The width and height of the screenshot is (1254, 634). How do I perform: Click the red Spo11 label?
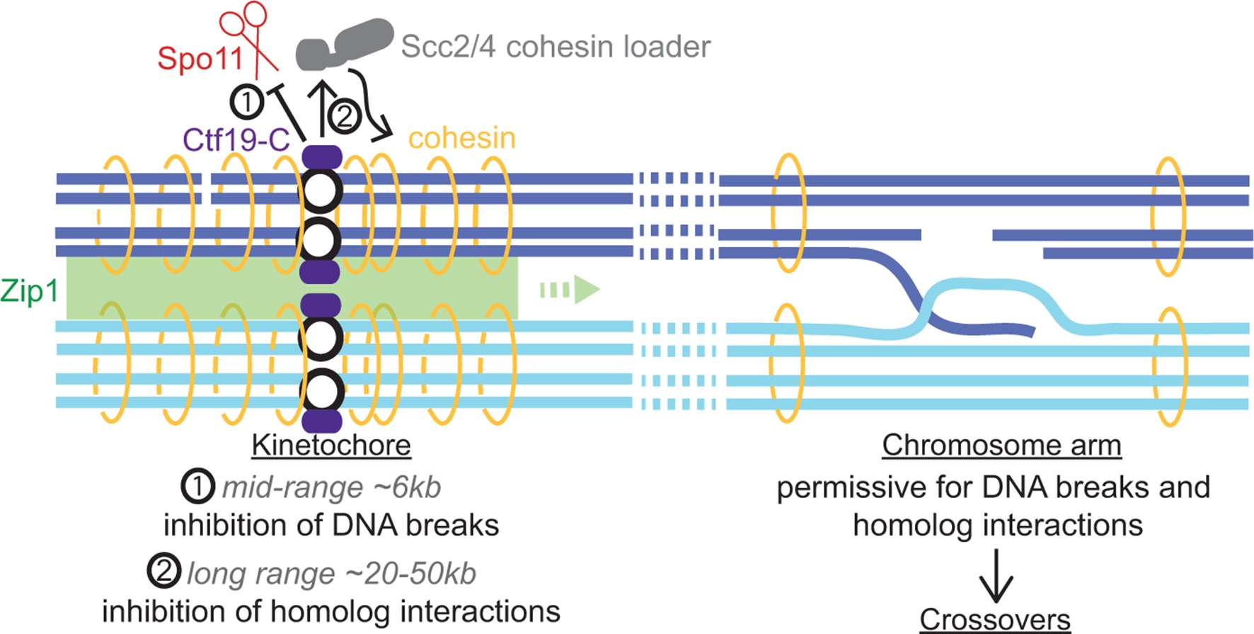point(200,58)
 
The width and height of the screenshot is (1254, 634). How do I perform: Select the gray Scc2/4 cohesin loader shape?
point(345,44)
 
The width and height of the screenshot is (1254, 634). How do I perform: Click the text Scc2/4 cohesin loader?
point(556,47)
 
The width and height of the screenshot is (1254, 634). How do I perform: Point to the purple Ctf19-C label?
point(236,140)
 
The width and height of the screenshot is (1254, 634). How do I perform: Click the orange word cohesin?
point(462,138)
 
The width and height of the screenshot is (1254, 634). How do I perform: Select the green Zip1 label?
point(29,291)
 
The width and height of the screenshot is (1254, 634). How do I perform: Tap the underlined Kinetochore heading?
point(331,446)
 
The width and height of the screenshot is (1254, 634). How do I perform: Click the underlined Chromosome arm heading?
point(1001,446)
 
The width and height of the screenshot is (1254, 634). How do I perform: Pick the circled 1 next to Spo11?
point(246,103)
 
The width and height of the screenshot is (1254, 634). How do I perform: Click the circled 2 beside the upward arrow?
point(345,115)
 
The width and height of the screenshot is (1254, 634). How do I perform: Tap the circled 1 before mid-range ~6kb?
point(197,487)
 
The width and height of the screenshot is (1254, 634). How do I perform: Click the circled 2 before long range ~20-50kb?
point(164,572)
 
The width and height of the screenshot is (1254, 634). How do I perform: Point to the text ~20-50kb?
point(410,573)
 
